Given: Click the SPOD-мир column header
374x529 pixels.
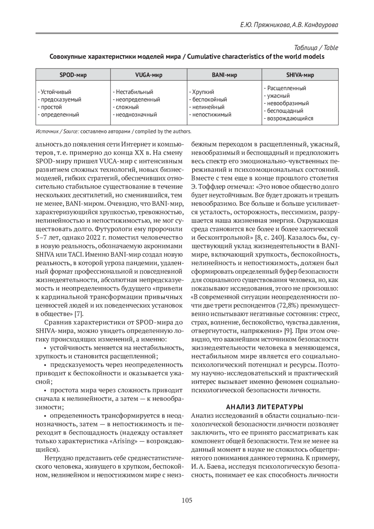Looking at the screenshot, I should (x=73, y=75).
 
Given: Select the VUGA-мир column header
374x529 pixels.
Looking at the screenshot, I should (x=149, y=75).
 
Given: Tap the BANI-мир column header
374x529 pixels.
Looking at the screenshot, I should (x=224, y=75).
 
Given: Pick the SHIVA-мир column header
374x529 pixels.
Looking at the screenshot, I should (x=300, y=75).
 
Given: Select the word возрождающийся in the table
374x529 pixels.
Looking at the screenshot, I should (x=290, y=118).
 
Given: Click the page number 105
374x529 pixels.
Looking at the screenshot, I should (x=187, y=500).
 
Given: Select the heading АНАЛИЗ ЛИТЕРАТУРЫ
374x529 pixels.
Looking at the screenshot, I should (x=265, y=407).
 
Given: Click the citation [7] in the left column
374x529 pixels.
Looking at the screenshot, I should (x=79, y=314).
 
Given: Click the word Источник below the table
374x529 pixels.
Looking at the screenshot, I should (x=46, y=131).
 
